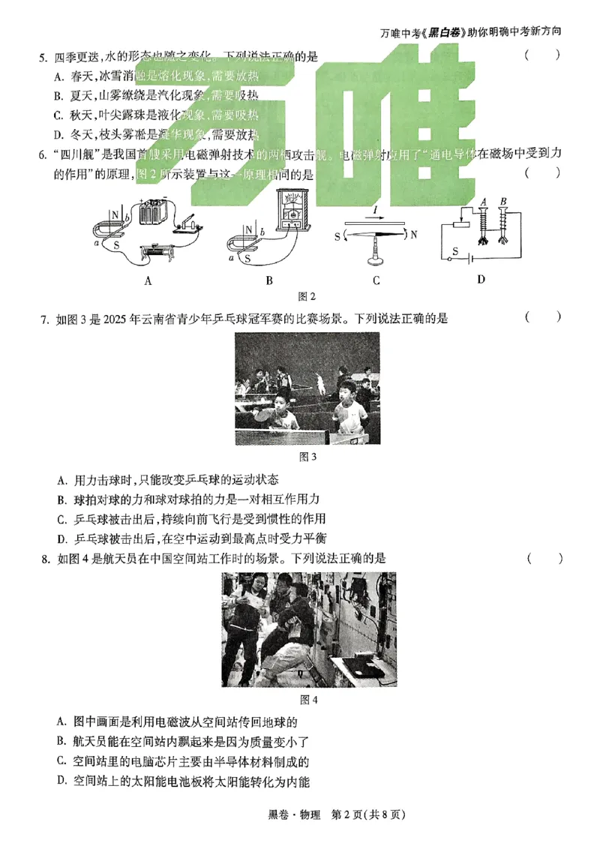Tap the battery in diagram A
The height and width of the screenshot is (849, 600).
tap(154, 211)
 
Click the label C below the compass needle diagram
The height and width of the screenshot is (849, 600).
tap(376, 280)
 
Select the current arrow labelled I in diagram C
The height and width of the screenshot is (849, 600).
tap(375, 214)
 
